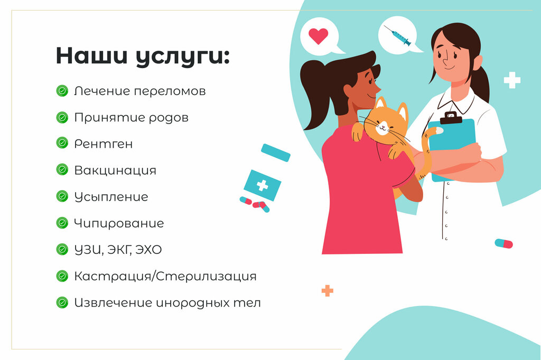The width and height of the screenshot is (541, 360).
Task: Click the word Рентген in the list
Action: coord(104,144)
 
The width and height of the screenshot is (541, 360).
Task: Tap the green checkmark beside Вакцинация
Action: coord(62,170)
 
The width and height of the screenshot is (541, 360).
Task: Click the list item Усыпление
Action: coord(111,197)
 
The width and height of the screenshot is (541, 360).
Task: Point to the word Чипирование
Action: coord(119,223)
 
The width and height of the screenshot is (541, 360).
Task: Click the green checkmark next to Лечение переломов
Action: coord(62,91)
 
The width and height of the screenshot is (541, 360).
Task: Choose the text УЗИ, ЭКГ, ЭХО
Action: coord(118,250)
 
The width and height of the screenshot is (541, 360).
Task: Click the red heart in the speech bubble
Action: coord(318,35)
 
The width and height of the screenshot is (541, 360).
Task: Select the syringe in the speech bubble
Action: coord(398,35)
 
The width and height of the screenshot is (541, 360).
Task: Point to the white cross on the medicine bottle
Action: coord(262,185)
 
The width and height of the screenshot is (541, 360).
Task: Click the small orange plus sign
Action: coord(327,290)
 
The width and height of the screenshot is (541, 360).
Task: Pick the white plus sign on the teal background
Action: coord(511,80)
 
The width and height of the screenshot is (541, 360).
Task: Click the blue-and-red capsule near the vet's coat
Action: coord(503,243)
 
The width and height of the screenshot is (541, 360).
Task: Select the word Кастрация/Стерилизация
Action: coord(165,276)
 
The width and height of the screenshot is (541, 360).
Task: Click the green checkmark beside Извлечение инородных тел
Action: coord(62,302)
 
